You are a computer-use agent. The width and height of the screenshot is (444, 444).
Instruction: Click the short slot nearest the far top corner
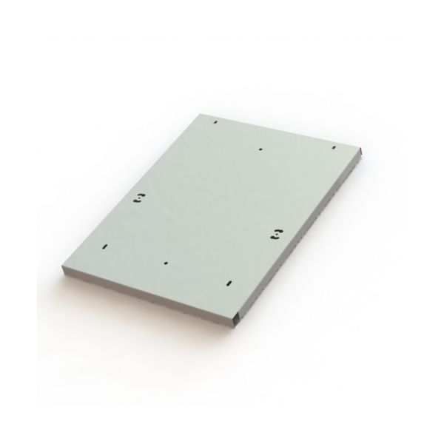213,122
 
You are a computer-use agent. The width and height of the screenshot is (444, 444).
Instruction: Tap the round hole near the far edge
260,149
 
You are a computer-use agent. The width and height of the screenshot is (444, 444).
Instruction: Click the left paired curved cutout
137,198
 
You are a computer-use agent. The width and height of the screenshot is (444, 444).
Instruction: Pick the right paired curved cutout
277,235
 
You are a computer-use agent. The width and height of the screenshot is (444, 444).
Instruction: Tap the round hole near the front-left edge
166,261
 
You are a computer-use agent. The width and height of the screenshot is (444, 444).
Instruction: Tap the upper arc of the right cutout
277,232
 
